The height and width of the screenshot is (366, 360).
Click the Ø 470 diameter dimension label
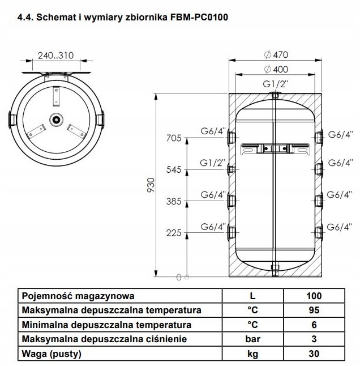click(276, 55)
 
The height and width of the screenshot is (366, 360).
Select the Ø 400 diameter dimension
click(276, 69)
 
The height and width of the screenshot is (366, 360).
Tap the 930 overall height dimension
click(151, 185)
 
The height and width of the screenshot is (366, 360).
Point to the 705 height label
click(174, 138)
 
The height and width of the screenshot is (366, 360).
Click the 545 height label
click(174, 170)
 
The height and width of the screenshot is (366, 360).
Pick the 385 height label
click(174, 201)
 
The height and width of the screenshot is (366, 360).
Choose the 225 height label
click(174, 233)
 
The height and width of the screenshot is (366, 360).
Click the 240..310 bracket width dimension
click(55, 56)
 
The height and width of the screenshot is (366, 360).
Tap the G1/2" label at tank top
click(275, 84)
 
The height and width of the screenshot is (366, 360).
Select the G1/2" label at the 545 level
click(213, 163)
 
